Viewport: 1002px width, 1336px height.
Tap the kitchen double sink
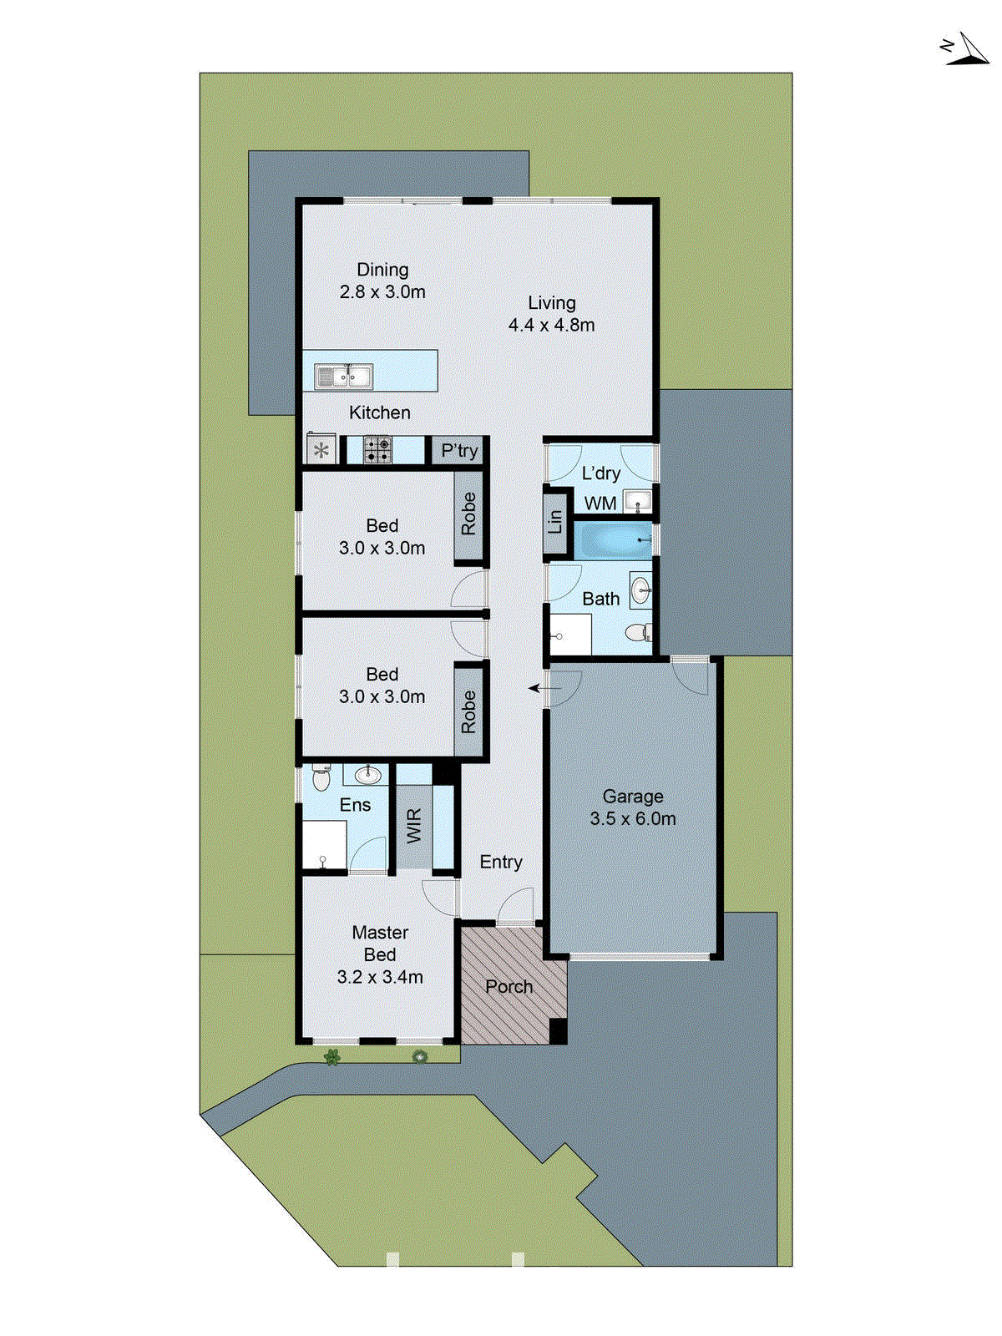(344, 377)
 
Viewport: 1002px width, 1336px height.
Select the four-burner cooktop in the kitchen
(377, 450)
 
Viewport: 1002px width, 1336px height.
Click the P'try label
(459, 451)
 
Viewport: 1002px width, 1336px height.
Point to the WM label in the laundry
(600, 504)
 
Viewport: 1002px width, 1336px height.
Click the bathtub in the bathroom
(612, 540)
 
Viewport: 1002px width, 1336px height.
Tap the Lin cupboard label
(555, 523)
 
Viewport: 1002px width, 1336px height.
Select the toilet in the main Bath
(637, 632)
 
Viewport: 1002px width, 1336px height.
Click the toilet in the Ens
(321, 779)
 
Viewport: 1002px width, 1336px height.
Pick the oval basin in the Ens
(368, 776)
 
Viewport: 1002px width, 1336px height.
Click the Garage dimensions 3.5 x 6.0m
(633, 819)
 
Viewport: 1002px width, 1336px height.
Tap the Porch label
(509, 987)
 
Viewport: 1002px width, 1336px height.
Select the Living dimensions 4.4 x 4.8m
(552, 326)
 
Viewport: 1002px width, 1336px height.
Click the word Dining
(382, 270)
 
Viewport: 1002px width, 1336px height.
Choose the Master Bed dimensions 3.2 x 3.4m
(380, 977)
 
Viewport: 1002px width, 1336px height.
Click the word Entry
(501, 862)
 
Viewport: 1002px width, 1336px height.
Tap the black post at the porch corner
(558, 1030)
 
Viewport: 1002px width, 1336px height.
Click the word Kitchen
(380, 412)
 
